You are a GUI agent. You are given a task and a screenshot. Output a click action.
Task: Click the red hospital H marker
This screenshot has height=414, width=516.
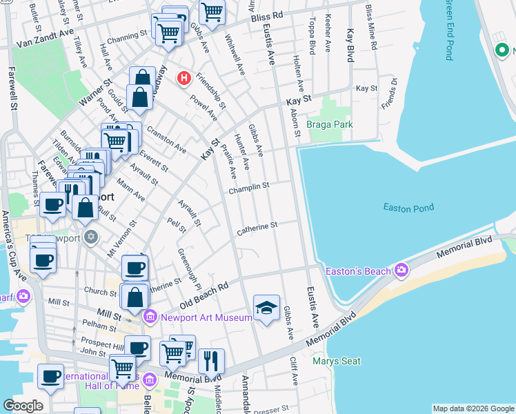point(183,78)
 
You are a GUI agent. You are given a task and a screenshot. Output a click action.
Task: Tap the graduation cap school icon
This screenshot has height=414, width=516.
point(266,308)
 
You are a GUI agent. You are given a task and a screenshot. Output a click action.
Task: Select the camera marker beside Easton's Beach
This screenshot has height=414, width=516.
point(401,270)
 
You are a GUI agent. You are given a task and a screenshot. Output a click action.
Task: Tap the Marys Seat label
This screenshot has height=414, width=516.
point(333,360)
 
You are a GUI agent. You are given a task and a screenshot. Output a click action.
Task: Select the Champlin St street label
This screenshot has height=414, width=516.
point(249,187)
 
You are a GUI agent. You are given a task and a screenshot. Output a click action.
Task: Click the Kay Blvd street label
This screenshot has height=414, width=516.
point(350,46)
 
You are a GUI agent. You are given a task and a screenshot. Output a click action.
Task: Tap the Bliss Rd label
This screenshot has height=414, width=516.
point(267,15)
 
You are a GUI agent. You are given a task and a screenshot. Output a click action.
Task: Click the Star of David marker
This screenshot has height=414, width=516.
point(90,237)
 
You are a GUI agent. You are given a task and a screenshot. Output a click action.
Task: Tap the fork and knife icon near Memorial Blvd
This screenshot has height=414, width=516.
point(211,361)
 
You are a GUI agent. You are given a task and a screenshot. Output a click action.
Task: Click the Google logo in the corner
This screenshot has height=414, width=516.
point(23,406)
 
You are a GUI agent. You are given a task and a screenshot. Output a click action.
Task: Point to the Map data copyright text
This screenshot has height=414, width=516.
point(473,408)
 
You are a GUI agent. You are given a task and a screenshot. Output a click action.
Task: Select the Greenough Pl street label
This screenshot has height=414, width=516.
point(188,268)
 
